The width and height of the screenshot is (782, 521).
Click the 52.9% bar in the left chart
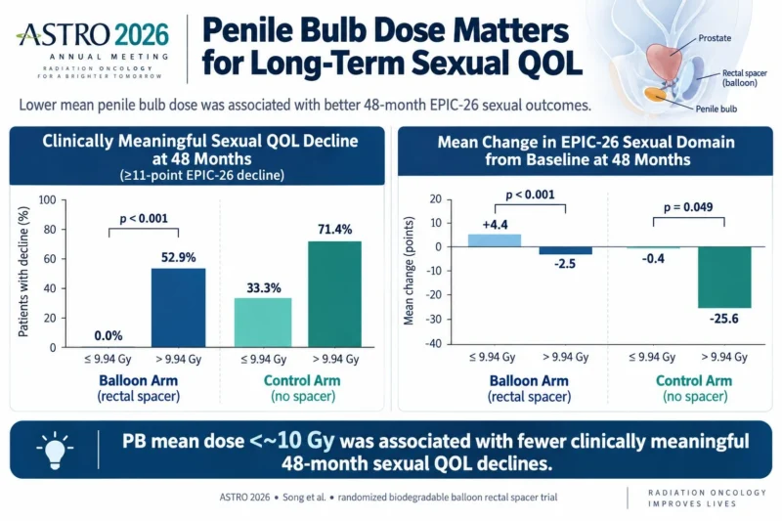click(x=178, y=308)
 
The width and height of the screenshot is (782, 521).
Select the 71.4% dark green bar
click(x=334, y=294)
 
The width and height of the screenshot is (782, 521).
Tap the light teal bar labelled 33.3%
click(x=263, y=323)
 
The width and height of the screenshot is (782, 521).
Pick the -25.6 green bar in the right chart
click(x=724, y=278)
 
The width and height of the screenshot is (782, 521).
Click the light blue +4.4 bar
click(x=495, y=240)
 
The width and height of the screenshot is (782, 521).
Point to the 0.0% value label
click(x=109, y=335)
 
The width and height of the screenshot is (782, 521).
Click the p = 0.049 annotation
click(x=688, y=207)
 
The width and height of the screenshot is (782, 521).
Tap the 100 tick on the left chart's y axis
click(x=47, y=200)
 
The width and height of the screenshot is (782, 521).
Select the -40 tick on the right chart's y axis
click(x=433, y=343)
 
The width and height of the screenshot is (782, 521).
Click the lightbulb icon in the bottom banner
click(x=55, y=450)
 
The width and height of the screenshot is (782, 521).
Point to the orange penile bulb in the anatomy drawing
click(x=654, y=94)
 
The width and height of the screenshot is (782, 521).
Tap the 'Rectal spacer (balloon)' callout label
click(x=744, y=78)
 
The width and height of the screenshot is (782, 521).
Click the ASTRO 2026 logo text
click(x=93, y=35)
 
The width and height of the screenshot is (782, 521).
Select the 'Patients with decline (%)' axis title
click(x=23, y=272)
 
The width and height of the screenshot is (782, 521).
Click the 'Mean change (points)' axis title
click(x=409, y=271)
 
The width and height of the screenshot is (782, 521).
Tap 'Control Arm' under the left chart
click(x=302, y=380)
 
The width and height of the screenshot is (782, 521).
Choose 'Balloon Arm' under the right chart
click(x=529, y=381)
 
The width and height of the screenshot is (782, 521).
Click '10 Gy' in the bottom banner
click(x=306, y=441)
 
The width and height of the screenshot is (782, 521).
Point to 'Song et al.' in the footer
click(x=304, y=498)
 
